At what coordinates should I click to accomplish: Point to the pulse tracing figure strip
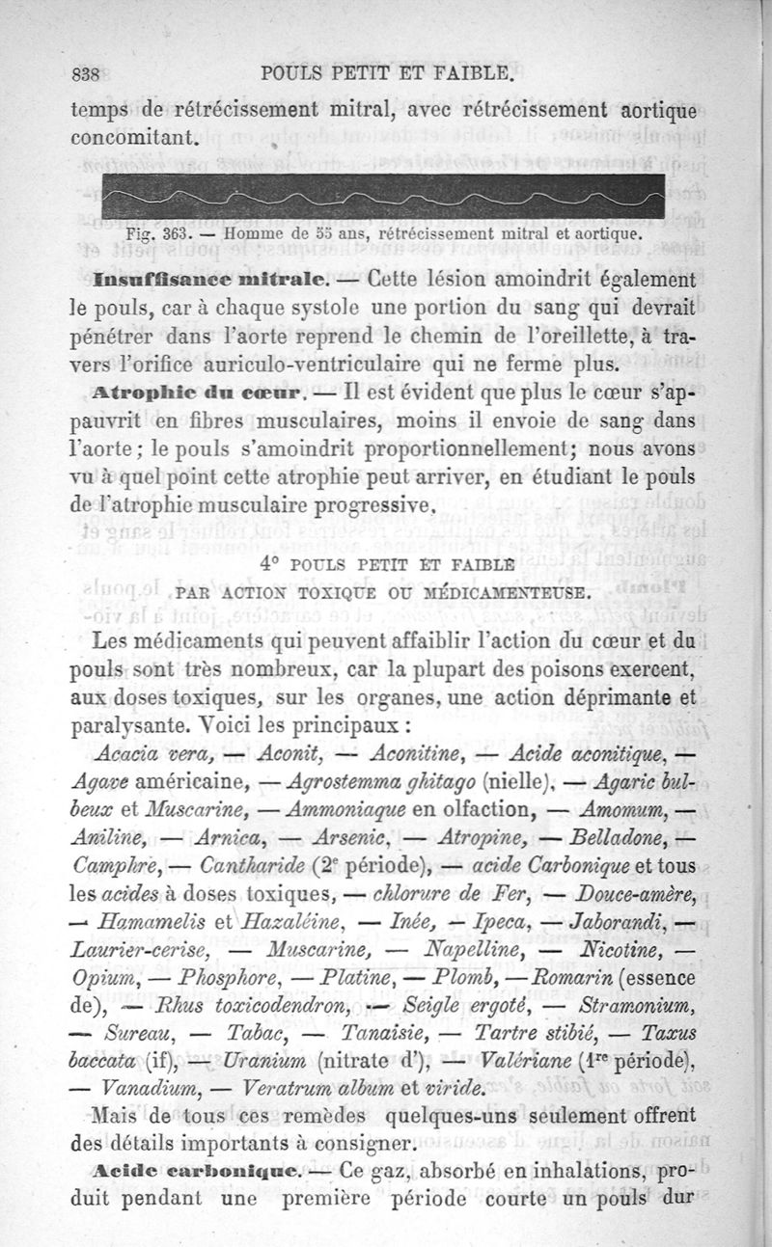[382, 199]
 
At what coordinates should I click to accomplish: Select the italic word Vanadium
[145, 1090]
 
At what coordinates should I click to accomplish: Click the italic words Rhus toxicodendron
[255, 1007]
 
